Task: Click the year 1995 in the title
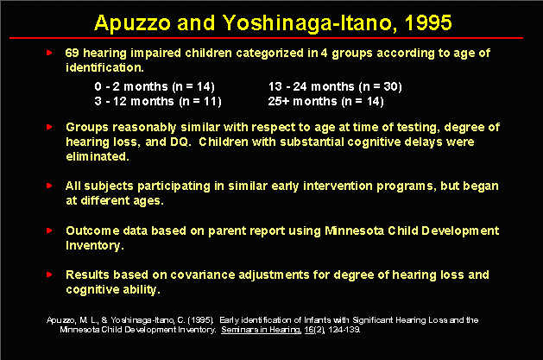tap(428, 22)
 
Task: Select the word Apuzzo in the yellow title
tap(132, 23)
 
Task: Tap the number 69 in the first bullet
tap(72, 53)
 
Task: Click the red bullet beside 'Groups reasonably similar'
tap(49, 127)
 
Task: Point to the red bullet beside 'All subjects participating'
tap(49, 186)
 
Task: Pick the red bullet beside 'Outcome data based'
tap(49, 231)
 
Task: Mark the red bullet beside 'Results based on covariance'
tap(49, 275)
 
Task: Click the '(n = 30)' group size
tap(380, 86)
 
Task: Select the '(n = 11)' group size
tap(200, 101)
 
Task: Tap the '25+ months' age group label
tap(302, 101)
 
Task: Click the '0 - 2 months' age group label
tap(131, 86)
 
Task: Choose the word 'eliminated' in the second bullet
tap(98, 156)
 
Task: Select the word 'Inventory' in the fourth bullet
tap(93, 245)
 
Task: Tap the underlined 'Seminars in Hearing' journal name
tap(261, 330)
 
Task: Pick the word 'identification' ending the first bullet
tap(104, 67)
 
